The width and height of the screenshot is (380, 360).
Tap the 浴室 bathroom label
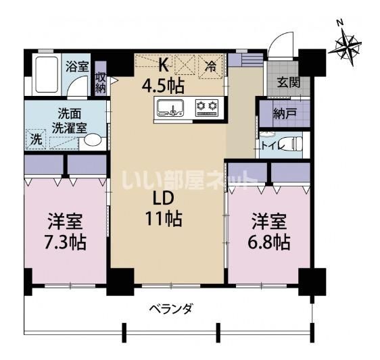point(77,66)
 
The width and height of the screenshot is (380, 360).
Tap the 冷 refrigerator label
point(212,66)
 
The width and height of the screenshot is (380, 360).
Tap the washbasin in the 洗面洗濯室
point(93,140)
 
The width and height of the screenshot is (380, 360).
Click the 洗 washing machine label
point(37,140)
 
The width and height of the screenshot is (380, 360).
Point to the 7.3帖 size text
point(65,241)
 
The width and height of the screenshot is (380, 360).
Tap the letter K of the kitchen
point(162,66)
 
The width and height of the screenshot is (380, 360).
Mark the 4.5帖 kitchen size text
point(163,86)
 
